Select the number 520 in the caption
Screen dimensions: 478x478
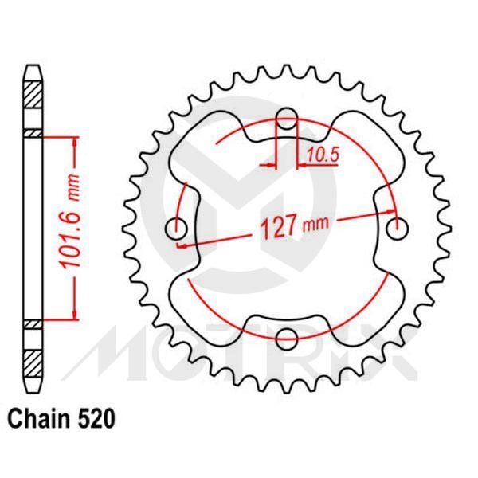(x=87, y=416)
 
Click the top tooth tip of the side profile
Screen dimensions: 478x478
(x=32, y=67)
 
